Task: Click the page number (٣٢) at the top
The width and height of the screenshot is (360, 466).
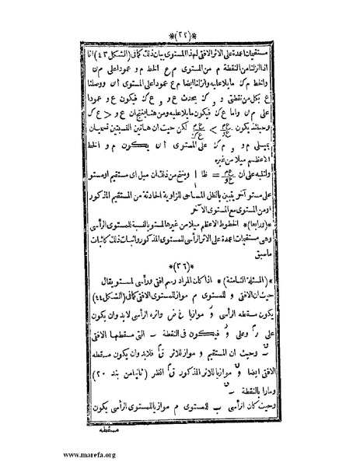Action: point(180,37)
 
